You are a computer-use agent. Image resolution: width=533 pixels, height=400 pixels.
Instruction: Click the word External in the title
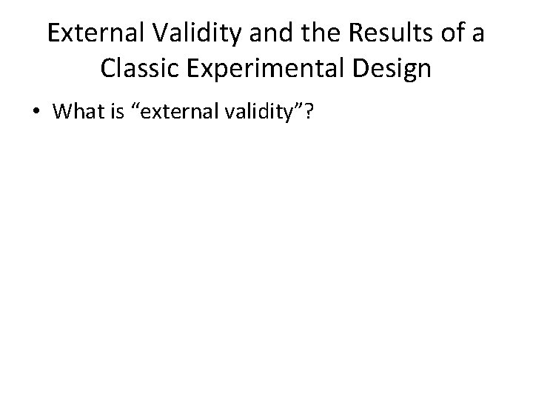90,33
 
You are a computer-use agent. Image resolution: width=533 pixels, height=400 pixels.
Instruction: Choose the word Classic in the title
139,69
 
